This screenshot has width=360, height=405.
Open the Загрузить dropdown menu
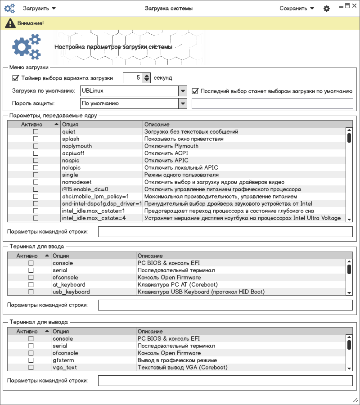tap(39, 9)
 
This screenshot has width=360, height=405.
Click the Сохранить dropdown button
tap(297, 9)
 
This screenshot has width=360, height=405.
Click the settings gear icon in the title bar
tap(327, 9)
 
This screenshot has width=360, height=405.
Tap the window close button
tap(355, 6)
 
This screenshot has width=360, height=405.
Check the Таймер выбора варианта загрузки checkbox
tap(16, 78)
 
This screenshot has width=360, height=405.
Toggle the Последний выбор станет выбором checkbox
tap(195, 91)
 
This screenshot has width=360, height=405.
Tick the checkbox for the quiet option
tap(36, 132)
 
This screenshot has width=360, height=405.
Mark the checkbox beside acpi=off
tap(36, 153)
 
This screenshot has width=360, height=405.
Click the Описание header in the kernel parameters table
tap(243, 124)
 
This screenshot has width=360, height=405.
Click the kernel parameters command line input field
tap(225, 232)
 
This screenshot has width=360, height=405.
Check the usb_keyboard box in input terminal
tap(31, 292)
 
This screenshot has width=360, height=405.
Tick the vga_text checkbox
tap(31, 368)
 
